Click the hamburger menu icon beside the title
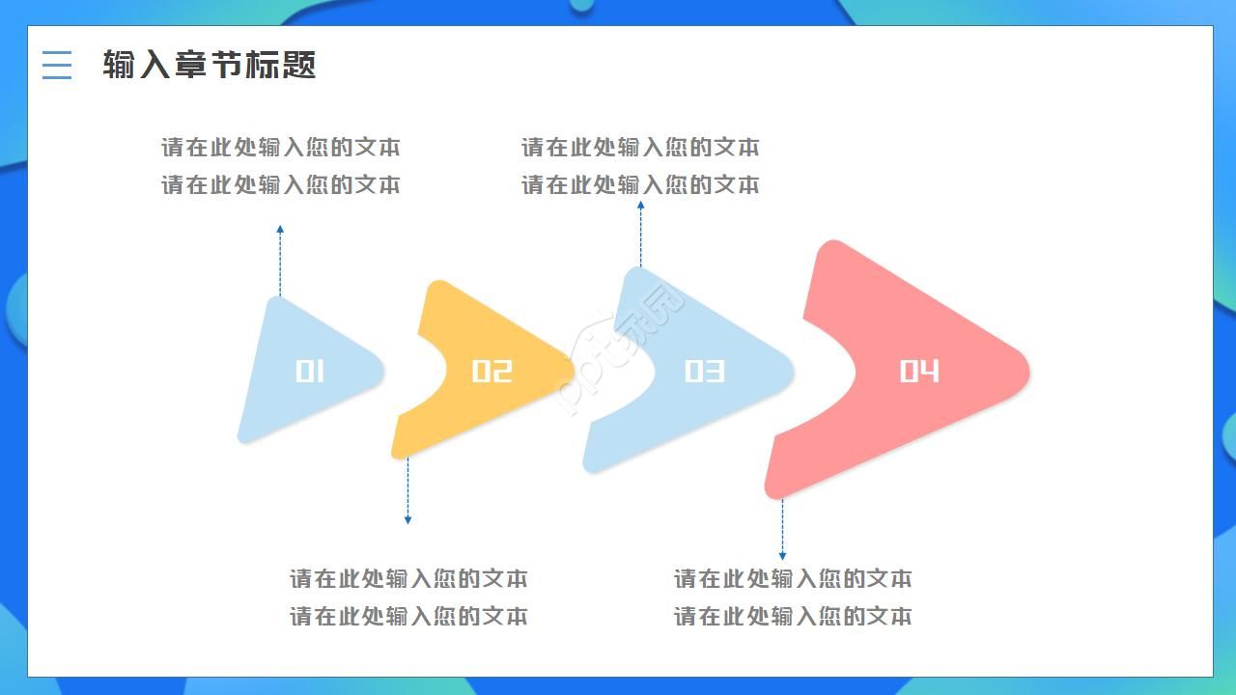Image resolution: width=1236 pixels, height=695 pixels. point(57,65)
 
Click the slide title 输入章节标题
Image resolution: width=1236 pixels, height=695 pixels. point(210,65)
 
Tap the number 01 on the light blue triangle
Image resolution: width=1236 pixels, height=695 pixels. point(310,372)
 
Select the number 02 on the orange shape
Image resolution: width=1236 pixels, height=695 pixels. point(492,372)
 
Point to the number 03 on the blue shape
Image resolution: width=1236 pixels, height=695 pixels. point(704,372)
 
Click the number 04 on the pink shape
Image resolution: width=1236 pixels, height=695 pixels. point(919,372)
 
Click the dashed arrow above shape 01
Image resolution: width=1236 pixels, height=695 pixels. point(280,261)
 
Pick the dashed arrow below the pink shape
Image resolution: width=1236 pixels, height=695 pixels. point(782,529)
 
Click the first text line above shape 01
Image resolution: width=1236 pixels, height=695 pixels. point(280,148)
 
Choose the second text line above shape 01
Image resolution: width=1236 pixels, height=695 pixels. point(280,184)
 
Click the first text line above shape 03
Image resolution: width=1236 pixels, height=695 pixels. point(640,148)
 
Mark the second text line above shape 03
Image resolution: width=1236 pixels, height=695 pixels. point(640,184)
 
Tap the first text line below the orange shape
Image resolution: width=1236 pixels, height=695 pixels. point(408,579)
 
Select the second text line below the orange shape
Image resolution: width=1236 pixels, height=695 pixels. point(408,616)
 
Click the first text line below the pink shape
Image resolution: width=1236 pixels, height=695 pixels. point(793,579)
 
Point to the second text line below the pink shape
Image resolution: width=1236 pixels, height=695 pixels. point(793,616)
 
